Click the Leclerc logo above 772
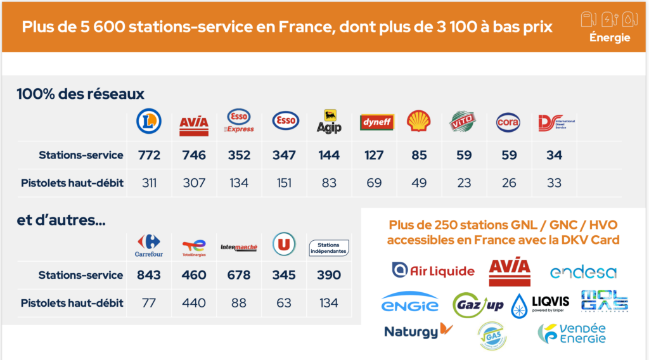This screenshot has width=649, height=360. point(149,121)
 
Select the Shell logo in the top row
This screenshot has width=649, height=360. point(419,121)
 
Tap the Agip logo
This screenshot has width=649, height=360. point(329,122)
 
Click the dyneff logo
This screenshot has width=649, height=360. point(374,122)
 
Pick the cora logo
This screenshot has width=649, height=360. point(508,122)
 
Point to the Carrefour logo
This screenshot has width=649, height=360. point(149,245)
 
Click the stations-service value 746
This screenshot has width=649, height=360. point(194,155)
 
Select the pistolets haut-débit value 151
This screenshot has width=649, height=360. point(284,183)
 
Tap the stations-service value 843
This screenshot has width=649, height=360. point(149,275)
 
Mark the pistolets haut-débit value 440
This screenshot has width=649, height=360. point(194,303)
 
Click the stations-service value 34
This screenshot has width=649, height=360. point(554,155)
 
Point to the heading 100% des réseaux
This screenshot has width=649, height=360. point(80,94)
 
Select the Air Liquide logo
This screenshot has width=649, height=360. point(433,271)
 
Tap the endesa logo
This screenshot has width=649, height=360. point(583,273)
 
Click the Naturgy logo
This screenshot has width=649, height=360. point(418,331)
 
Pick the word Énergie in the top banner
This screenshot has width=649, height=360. point(609,37)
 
